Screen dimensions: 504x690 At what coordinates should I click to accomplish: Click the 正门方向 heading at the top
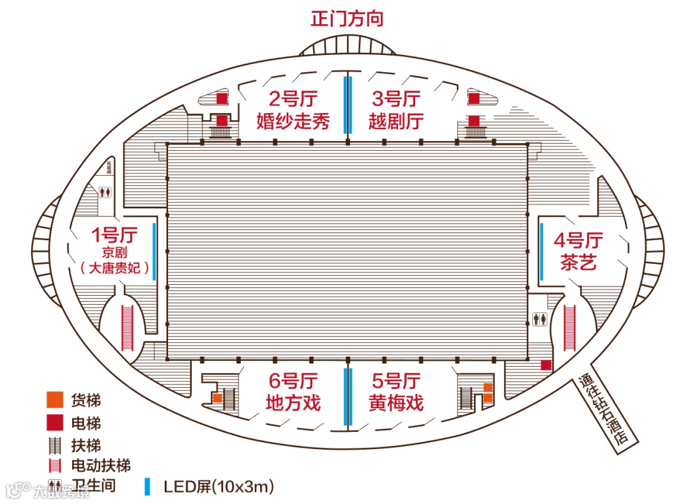pyautogui.click(x=347, y=18)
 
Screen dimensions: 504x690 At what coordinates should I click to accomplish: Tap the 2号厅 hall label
pyautogui.click(x=293, y=99)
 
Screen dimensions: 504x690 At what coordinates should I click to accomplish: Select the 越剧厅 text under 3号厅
pyautogui.click(x=396, y=121)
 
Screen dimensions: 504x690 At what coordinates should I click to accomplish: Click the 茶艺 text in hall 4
pyautogui.click(x=578, y=262)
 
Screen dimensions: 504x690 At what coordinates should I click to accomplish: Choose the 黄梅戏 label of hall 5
pyautogui.click(x=396, y=403)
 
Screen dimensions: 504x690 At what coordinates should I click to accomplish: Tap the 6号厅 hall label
pyautogui.click(x=293, y=381)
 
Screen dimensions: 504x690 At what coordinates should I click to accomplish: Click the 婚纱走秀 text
pyautogui.click(x=293, y=121)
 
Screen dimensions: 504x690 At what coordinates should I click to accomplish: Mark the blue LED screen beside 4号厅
pyautogui.click(x=541, y=251)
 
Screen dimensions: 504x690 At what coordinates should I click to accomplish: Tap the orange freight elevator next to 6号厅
pyautogui.click(x=217, y=397)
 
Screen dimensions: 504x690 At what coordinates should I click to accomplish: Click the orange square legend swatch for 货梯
pyautogui.click(x=54, y=401)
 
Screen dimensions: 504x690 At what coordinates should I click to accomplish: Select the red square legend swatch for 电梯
pyautogui.click(x=54, y=422)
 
